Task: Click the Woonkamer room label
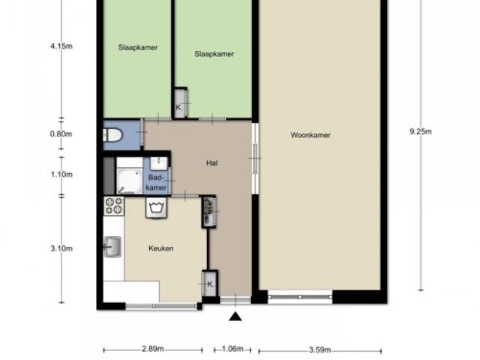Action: (x=310, y=135)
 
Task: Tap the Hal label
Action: (x=211, y=163)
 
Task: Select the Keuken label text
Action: (x=161, y=248)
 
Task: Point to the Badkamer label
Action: (x=156, y=182)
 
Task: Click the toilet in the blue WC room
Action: (x=112, y=135)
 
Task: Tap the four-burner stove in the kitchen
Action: (x=114, y=205)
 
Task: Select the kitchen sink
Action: (x=112, y=247)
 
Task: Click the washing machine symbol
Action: (x=156, y=208)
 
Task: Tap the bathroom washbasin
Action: (x=159, y=163)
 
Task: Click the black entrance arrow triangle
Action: (x=235, y=316)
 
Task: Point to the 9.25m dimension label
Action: (x=421, y=132)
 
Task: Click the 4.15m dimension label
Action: (x=61, y=46)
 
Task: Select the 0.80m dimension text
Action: (x=61, y=133)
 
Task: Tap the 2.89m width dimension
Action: (x=153, y=349)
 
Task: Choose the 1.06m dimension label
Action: (x=232, y=349)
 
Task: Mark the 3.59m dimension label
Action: (x=320, y=349)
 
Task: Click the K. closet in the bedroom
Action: (x=180, y=103)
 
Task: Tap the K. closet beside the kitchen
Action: (x=210, y=283)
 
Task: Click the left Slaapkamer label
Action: (x=138, y=48)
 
